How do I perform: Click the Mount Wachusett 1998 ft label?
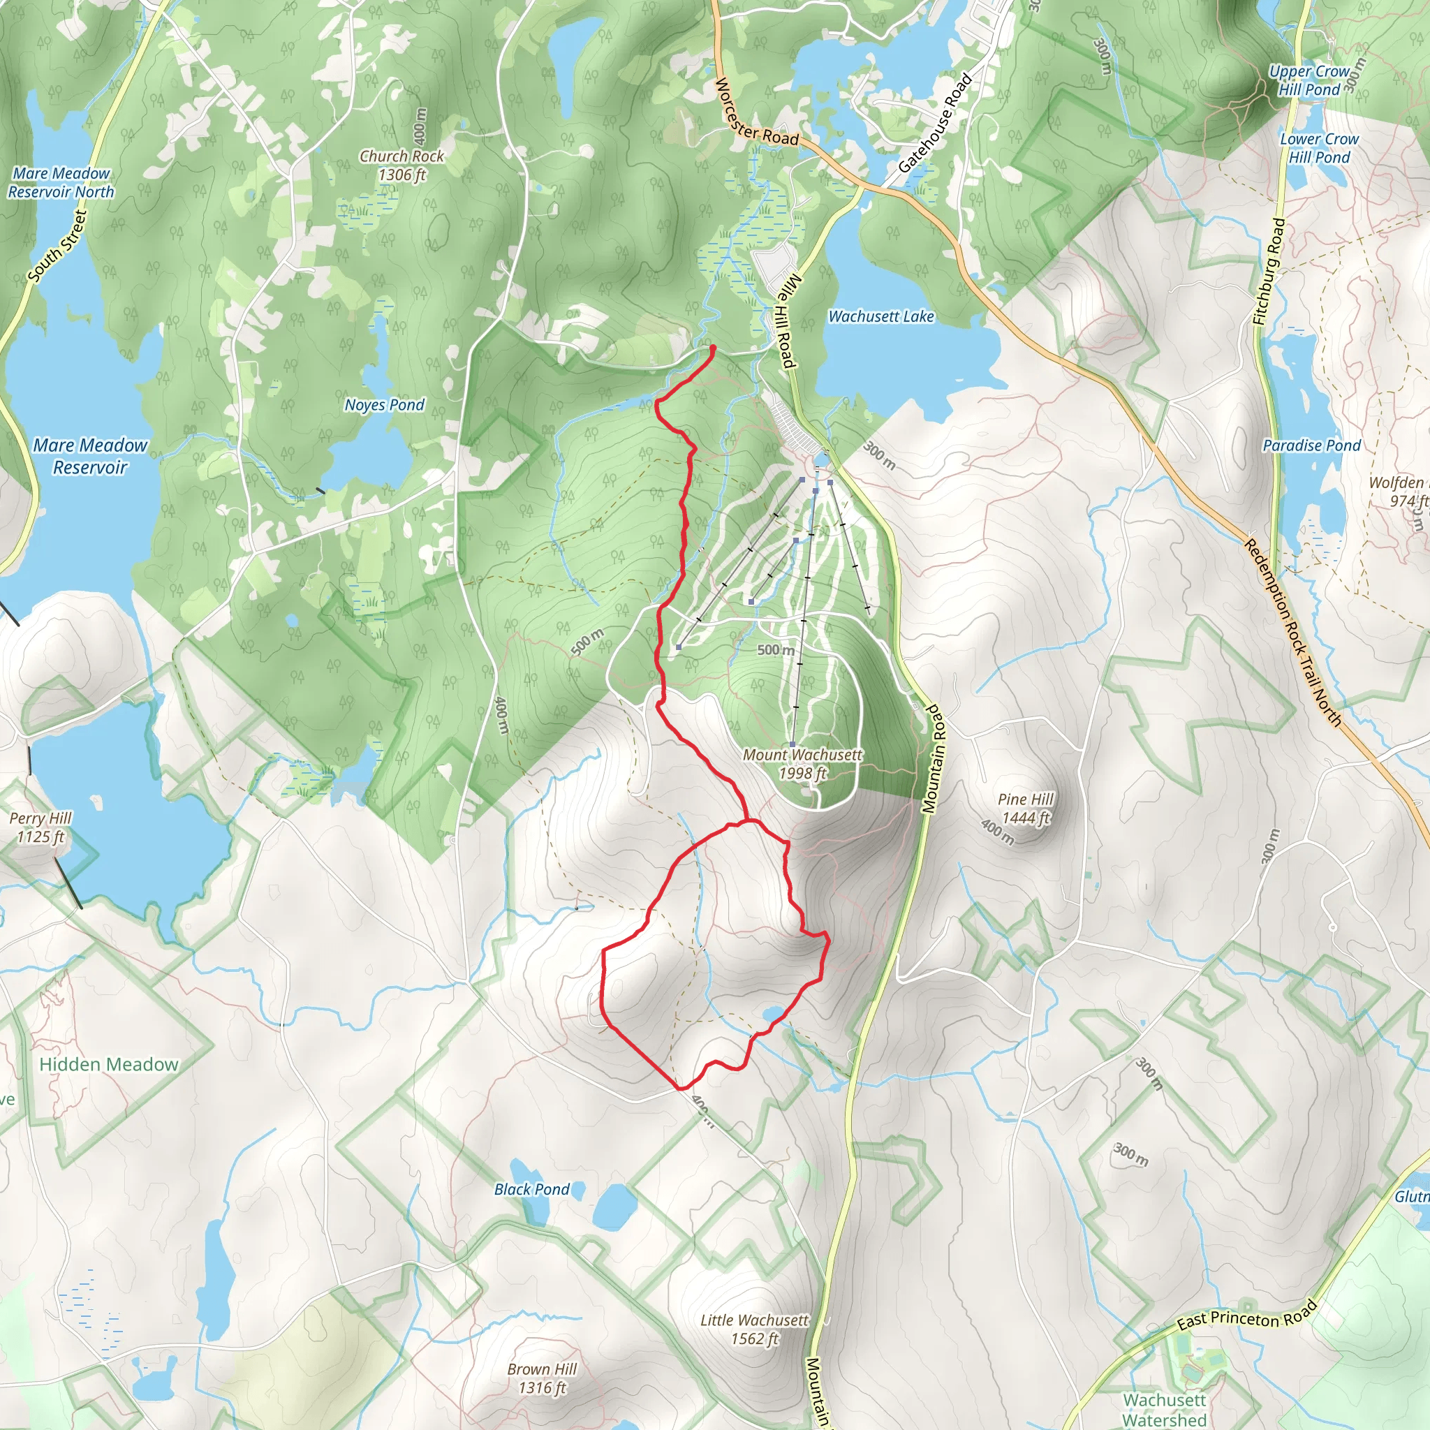point(802,764)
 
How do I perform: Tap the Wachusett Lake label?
point(880,317)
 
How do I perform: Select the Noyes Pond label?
point(384,405)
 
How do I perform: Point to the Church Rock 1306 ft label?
point(402,165)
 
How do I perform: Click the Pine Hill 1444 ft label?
point(1025,809)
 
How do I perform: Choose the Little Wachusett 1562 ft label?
point(754,1329)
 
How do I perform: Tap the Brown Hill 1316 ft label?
point(542,1378)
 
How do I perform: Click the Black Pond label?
point(531,1189)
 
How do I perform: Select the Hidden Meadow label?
point(109,1064)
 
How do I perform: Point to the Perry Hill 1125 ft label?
point(40,827)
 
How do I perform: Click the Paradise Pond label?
point(1311,445)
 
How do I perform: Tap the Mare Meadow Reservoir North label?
point(61,183)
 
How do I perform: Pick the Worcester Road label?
point(756,113)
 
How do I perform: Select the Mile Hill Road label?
point(788,320)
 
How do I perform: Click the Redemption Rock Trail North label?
point(1292,632)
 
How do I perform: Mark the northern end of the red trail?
point(712,347)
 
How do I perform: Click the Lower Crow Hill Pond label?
point(1319,148)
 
